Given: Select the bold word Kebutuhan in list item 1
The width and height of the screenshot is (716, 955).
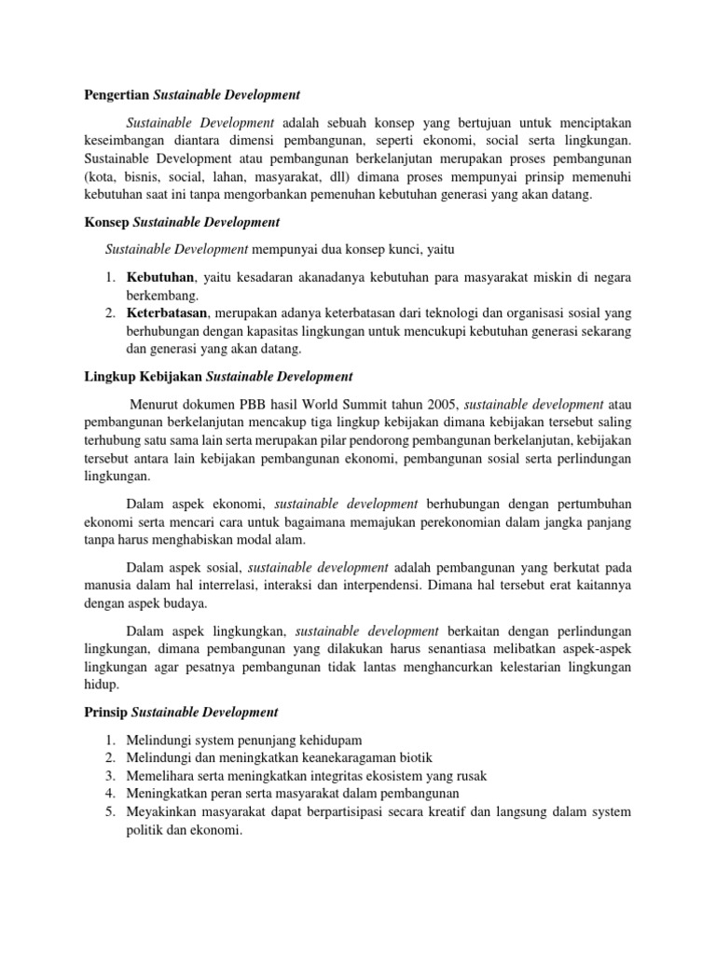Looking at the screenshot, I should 159,277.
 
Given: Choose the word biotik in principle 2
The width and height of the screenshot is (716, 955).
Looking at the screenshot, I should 413,756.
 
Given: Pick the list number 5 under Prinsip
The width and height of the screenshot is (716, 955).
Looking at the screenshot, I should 108,811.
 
